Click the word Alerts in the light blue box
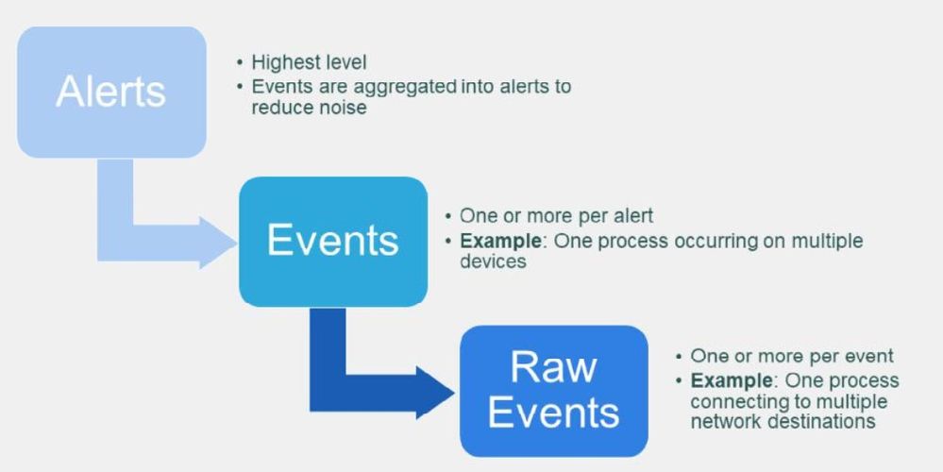[x=111, y=92]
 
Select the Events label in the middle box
[x=332, y=241]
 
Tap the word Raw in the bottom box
[x=553, y=366]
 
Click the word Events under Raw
[x=553, y=413]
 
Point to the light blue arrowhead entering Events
[x=218, y=242]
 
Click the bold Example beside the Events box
[x=500, y=241]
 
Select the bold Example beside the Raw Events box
[x=732, y=380]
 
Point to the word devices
[x=493, y=261]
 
